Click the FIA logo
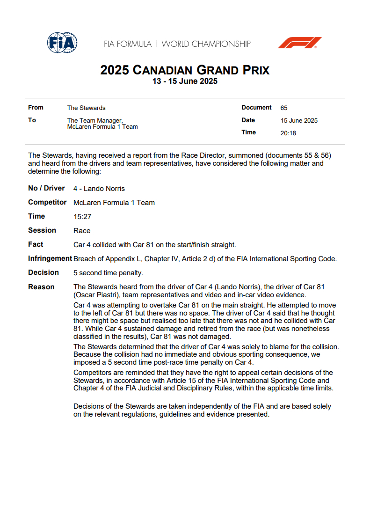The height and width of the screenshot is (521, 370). (x=62, y=43)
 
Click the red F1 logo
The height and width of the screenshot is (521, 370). (x=300, y=43)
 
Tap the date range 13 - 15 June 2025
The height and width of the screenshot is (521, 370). (x=185, y=81)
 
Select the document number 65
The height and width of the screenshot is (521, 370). (x=284, y=108)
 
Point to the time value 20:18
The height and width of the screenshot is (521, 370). (x=288, y=133)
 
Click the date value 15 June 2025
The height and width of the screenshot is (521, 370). (x=299, y=121)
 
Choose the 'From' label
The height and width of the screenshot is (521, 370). (x=36, y=108)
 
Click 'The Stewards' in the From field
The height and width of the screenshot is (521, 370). (x=86, y=108)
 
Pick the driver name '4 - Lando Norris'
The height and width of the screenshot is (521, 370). (x=99, y=189)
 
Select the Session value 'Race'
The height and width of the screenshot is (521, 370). (x=82, y=231)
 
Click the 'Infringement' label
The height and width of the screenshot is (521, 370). (x=50, y=258)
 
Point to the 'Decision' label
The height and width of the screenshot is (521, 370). (x=44, y=272)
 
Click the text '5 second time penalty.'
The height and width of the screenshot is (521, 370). (x=108, y=273)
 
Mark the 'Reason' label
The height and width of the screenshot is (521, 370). (x=41, y=287)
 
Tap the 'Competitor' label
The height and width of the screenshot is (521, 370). (x=47, y=202)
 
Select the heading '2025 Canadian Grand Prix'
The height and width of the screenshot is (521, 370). (x=185, y=70)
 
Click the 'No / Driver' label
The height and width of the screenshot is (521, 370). (x=46, y=188)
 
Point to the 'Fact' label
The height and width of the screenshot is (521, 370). (x=36, y=244)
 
